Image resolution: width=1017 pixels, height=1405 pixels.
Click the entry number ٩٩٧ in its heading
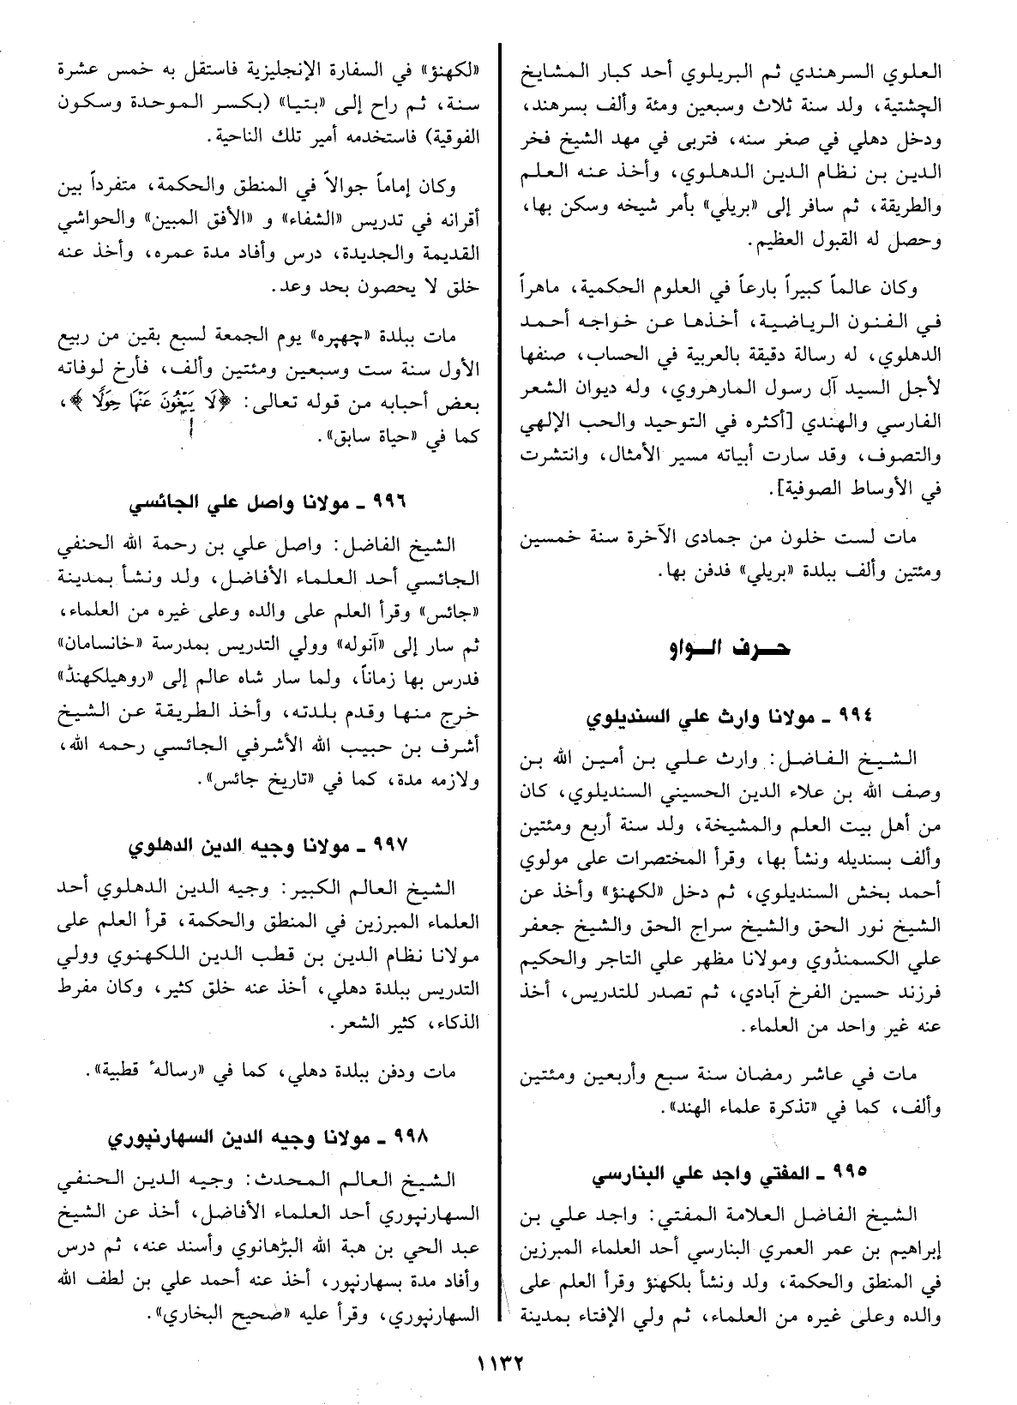tap(406, 846)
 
